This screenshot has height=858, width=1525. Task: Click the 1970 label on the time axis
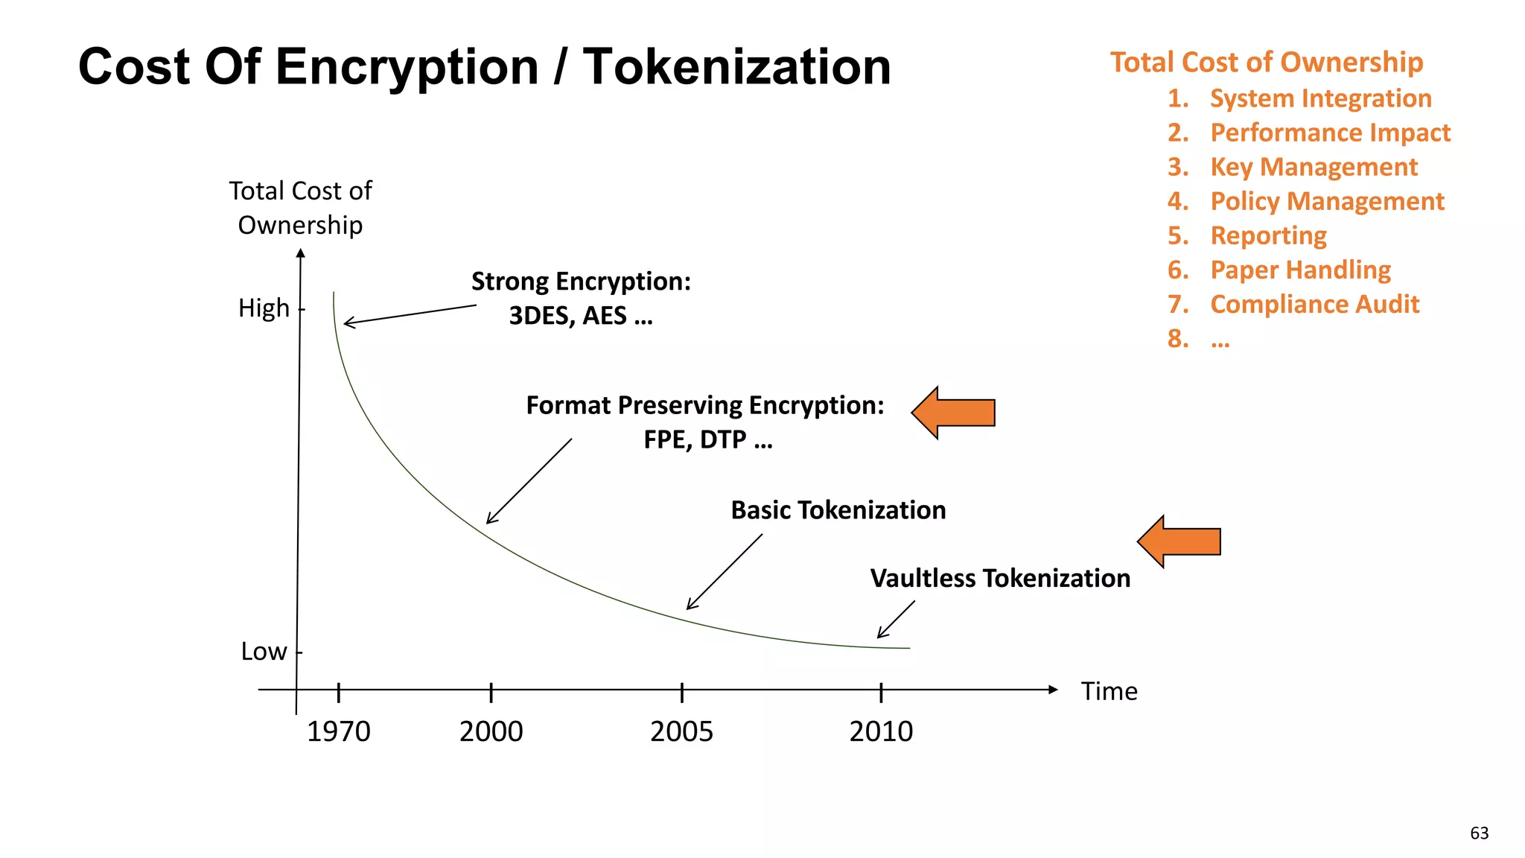(x=338, y=731)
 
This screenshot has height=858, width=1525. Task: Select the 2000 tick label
(x=491, y=731)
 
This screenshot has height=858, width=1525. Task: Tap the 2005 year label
(x=681, y=731)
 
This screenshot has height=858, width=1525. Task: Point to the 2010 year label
(x=881, y=731)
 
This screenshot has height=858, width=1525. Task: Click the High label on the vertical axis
(x=264, y=308)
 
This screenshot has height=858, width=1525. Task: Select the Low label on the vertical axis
(x=264, y=652)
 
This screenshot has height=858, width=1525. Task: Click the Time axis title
(x=1109, y=691)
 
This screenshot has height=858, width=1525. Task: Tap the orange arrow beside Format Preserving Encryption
(x=954, y=413)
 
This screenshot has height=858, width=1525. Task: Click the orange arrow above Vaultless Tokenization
(x=1179, y=541)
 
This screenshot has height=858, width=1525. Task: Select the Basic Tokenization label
(x=838, y=510)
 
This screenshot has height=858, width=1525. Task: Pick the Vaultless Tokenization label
(x=1000, y=578)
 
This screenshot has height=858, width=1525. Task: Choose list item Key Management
(x=1314, y=167)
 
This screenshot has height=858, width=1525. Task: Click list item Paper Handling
(x=1300, y=270)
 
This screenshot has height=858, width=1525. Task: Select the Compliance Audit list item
(x=1314, y=304)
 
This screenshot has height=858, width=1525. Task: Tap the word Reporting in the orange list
(x=1268, y=235)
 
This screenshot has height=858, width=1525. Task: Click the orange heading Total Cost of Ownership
(x=1267, y=62)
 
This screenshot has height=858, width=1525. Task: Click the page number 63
(x=1479, y=833)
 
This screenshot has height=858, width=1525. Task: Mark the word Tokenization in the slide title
(x=736, y=67)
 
